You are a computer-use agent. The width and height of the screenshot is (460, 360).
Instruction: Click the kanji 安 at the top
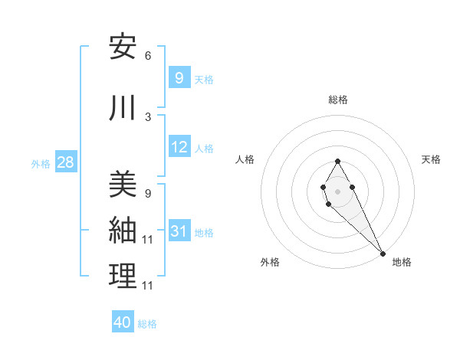tap(122, 47)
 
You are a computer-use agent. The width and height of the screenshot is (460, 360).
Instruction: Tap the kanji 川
tap(122, 108)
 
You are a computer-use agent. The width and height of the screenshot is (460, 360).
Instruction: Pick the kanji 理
tap(122, 277)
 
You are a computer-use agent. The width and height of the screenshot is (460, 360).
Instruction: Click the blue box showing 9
tap(179, 78)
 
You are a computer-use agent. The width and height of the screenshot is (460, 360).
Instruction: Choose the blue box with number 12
tap(179, 147)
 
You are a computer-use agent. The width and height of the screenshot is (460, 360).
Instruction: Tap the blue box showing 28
tap(65, 162)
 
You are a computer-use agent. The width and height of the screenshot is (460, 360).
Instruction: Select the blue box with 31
tap(179, 231)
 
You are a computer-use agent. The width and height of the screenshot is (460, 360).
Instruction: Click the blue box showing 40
tap(123, 322)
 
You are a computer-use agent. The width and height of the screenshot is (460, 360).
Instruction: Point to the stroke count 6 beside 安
tap(147, 56)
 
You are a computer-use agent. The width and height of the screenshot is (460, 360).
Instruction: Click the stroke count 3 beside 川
tap(147, 116)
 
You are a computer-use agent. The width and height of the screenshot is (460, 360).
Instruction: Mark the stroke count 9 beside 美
tap(147, 193)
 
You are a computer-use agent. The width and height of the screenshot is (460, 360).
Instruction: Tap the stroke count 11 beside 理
tap(149, 285)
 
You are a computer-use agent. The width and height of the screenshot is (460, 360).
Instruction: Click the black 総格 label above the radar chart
tap(338, 100)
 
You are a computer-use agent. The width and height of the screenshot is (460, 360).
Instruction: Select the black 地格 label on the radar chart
tap(402, 263)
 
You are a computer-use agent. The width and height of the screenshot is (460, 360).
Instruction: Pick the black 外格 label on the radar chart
tap(270, 263)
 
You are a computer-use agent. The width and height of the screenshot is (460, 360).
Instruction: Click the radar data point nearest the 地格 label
tap(383, 252)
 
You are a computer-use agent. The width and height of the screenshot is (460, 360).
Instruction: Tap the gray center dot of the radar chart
tap(337, 191)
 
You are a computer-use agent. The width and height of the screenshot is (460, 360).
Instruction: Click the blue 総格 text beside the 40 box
tap(147, 324)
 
